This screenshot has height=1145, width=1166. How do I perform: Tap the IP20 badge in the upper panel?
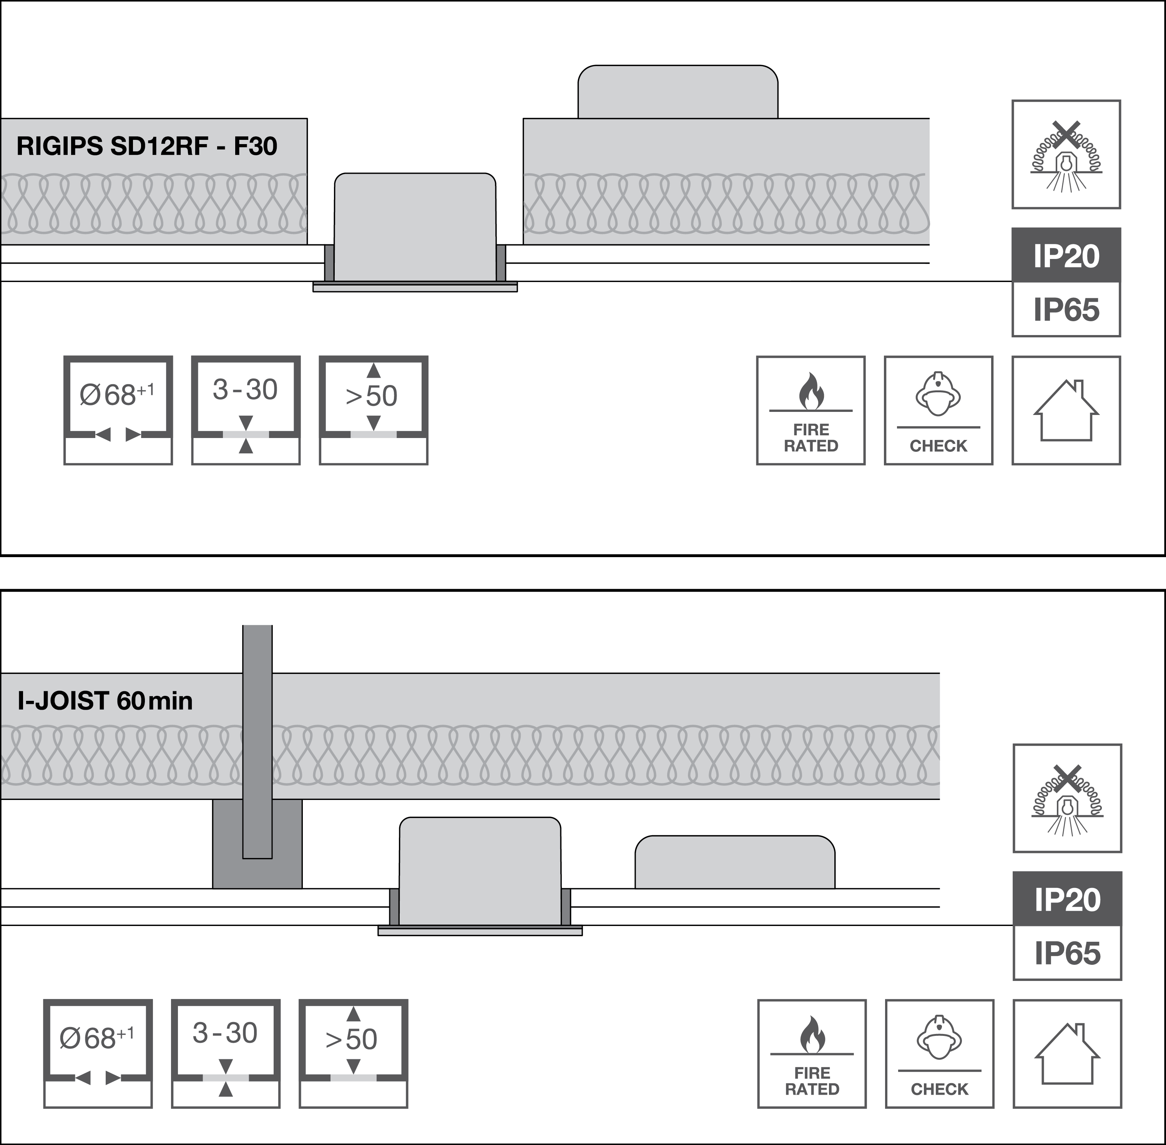(x=1066, y=256)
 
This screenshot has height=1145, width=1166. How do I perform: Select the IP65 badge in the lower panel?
(x=1067, y=953)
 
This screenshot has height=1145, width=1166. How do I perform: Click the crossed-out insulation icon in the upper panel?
(x=1066, y=154)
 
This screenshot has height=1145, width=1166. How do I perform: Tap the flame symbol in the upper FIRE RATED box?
(x=811, y=390)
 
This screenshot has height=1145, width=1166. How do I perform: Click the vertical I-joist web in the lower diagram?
(x=257, y=740)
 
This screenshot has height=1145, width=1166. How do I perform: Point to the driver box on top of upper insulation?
(x=678, y=92)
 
